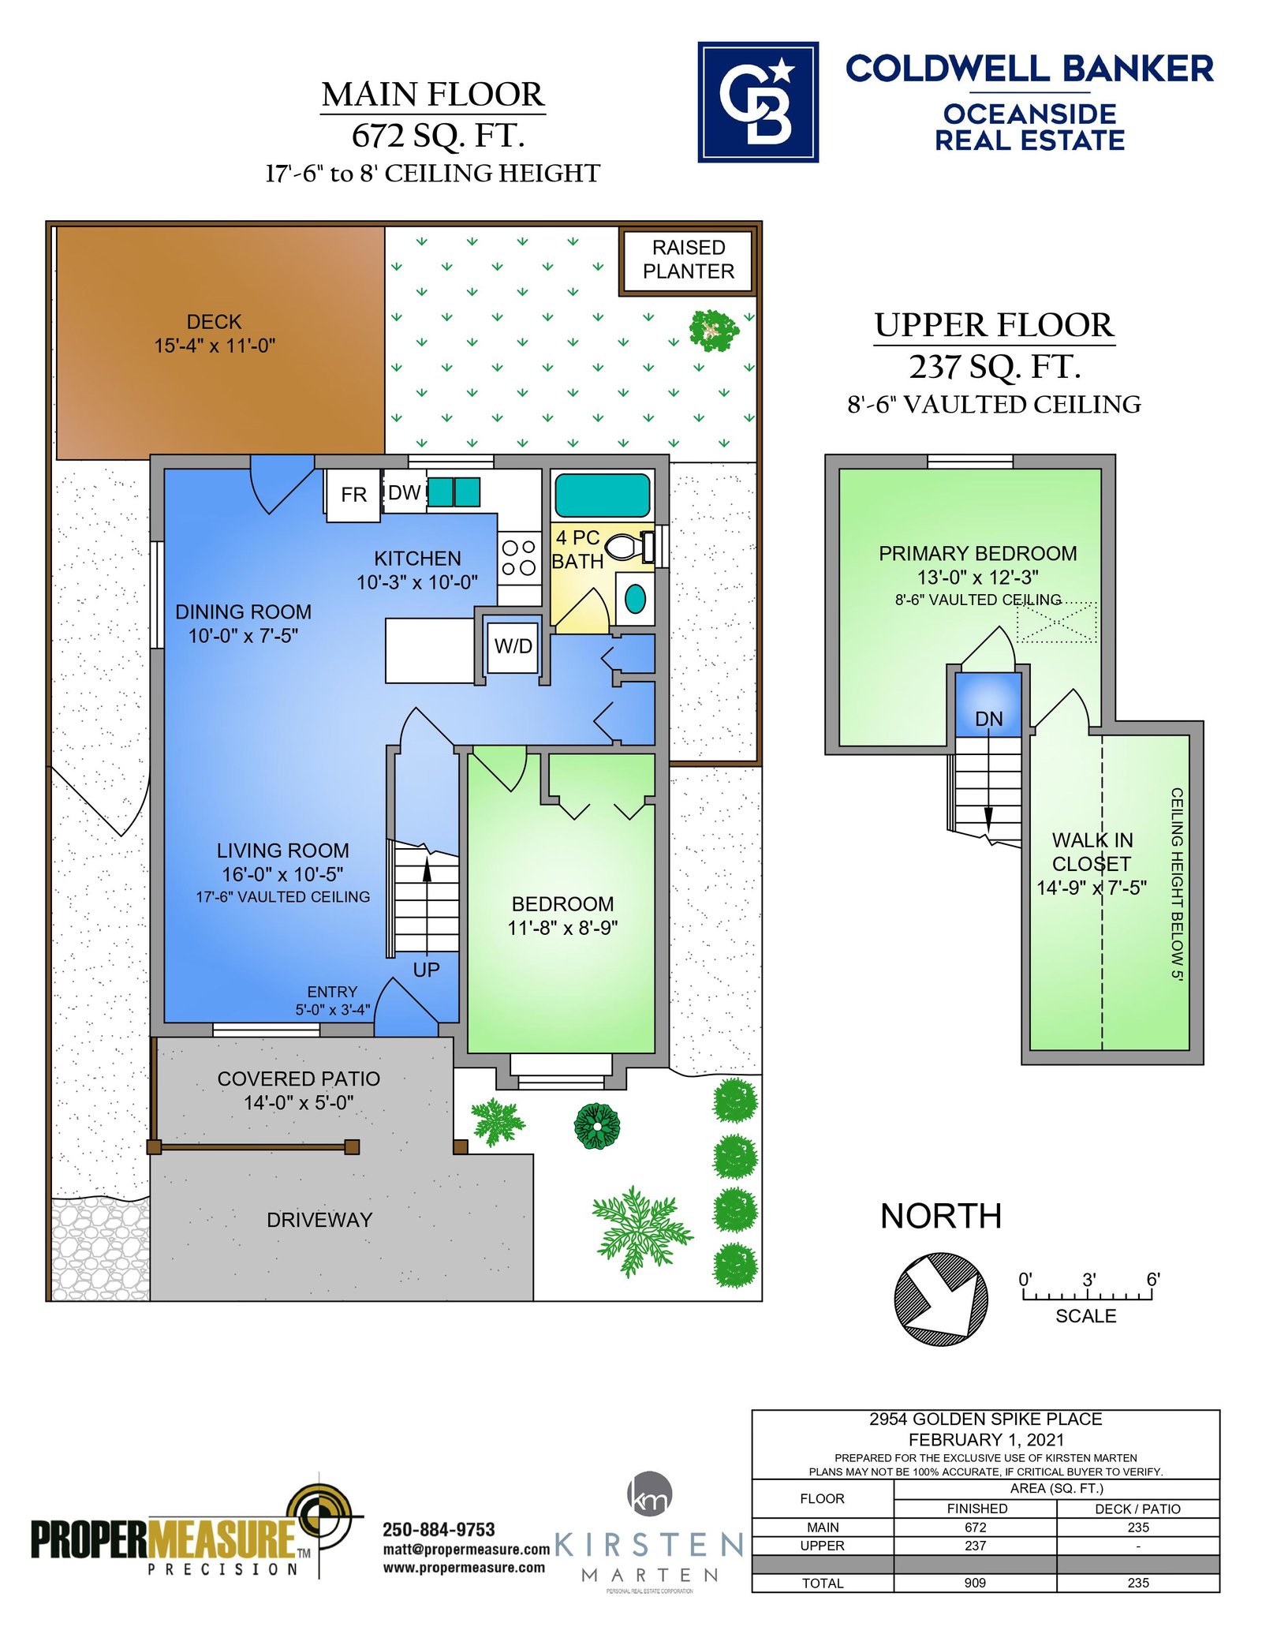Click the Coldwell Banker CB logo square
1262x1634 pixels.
pos(758,102)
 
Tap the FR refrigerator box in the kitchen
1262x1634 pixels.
pos(353,495)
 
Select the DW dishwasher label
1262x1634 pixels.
pos(405,493)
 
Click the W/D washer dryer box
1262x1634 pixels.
pos(513,647)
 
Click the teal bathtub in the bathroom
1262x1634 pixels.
pos(603,495)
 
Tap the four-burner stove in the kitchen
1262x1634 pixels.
pos(519,557)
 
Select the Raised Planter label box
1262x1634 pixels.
pos(689,260)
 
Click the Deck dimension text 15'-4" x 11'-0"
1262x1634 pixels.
pos(215,346)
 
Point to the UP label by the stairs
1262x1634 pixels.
pos(426,970)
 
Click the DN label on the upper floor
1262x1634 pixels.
pos(989,719)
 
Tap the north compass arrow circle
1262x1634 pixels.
pos(941,1299)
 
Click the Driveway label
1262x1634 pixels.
pos(319,1220)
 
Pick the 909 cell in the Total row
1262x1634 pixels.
pos(975,1582)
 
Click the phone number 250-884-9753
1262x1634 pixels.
pos(439,1530)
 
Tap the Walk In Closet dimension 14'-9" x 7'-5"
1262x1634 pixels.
pos(1092,888)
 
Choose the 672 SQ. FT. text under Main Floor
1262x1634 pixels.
pos(439,136)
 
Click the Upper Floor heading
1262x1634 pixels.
pos(995,325)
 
